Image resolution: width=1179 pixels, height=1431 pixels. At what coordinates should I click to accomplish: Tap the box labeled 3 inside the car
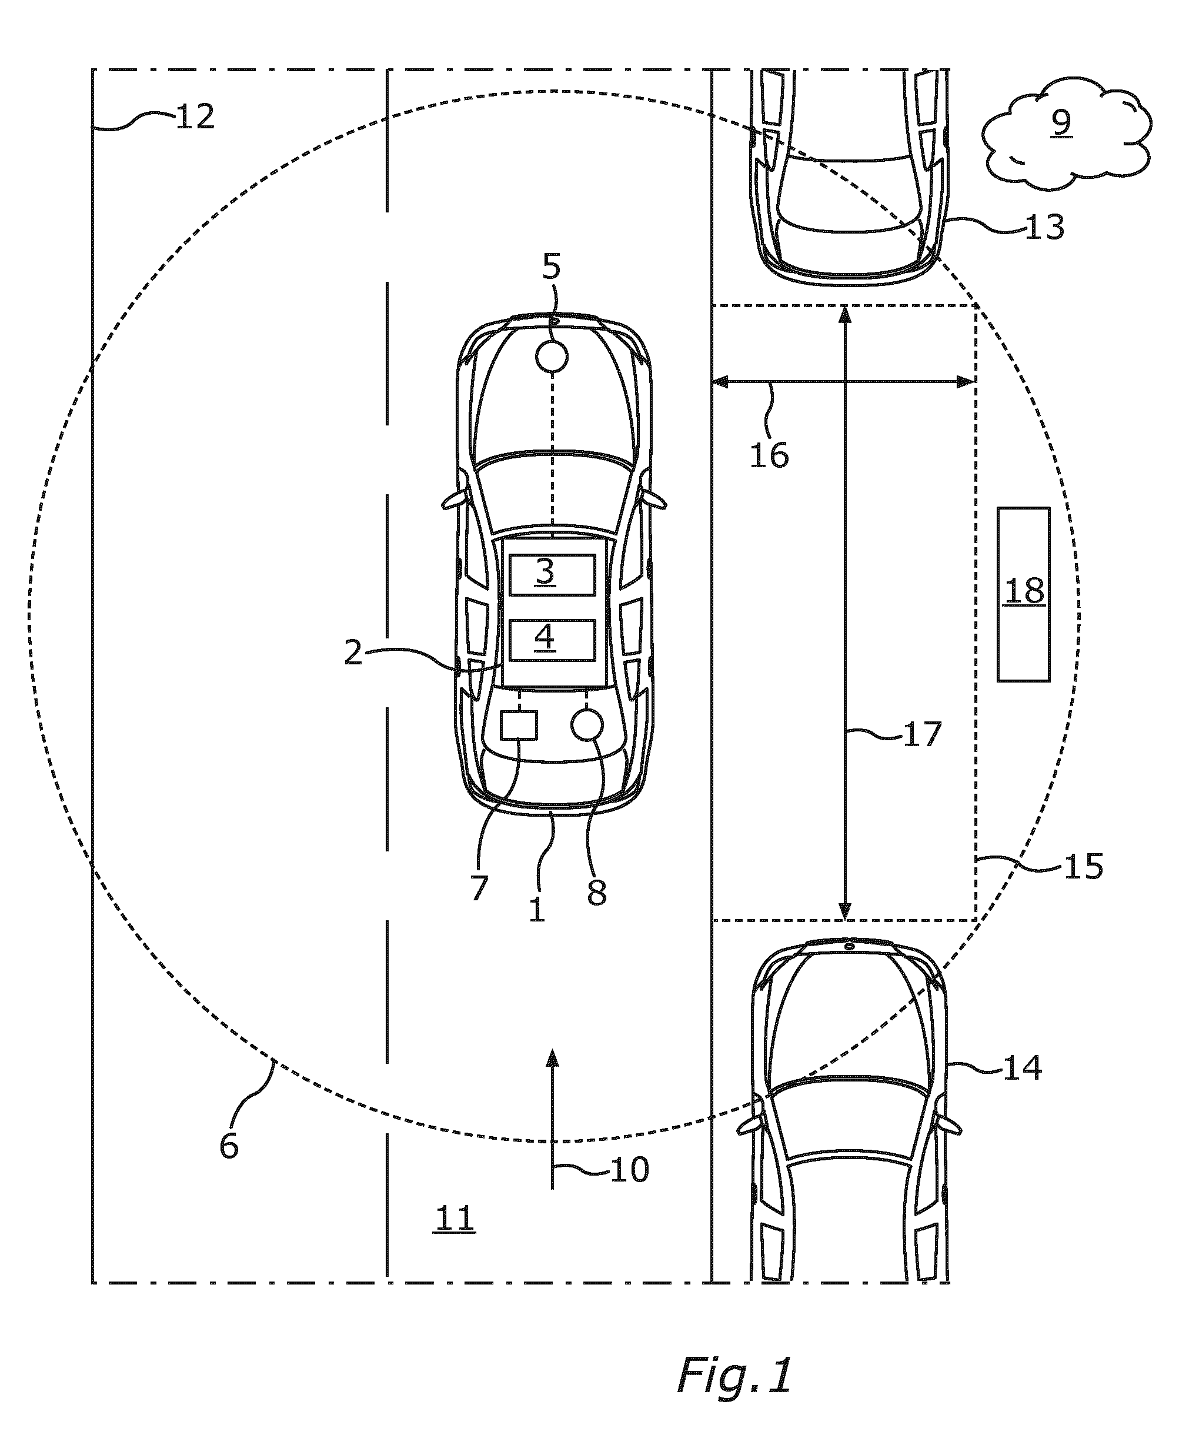click(x=552, y=575)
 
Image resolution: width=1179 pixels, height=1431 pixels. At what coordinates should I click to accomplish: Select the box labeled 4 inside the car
click(x=552, y=640)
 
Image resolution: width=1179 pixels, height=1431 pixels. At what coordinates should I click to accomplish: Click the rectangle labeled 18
click(x=1024, y=594)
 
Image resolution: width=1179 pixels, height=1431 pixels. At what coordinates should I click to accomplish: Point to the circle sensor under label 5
click(x=552, y=356)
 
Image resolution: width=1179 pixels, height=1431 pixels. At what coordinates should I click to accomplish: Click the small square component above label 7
click(x=519, y=725)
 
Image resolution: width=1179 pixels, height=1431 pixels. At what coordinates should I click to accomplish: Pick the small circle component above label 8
click(x=587, y=725)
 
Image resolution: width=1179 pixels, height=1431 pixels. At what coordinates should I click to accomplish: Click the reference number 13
click(x=1044, y=227)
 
